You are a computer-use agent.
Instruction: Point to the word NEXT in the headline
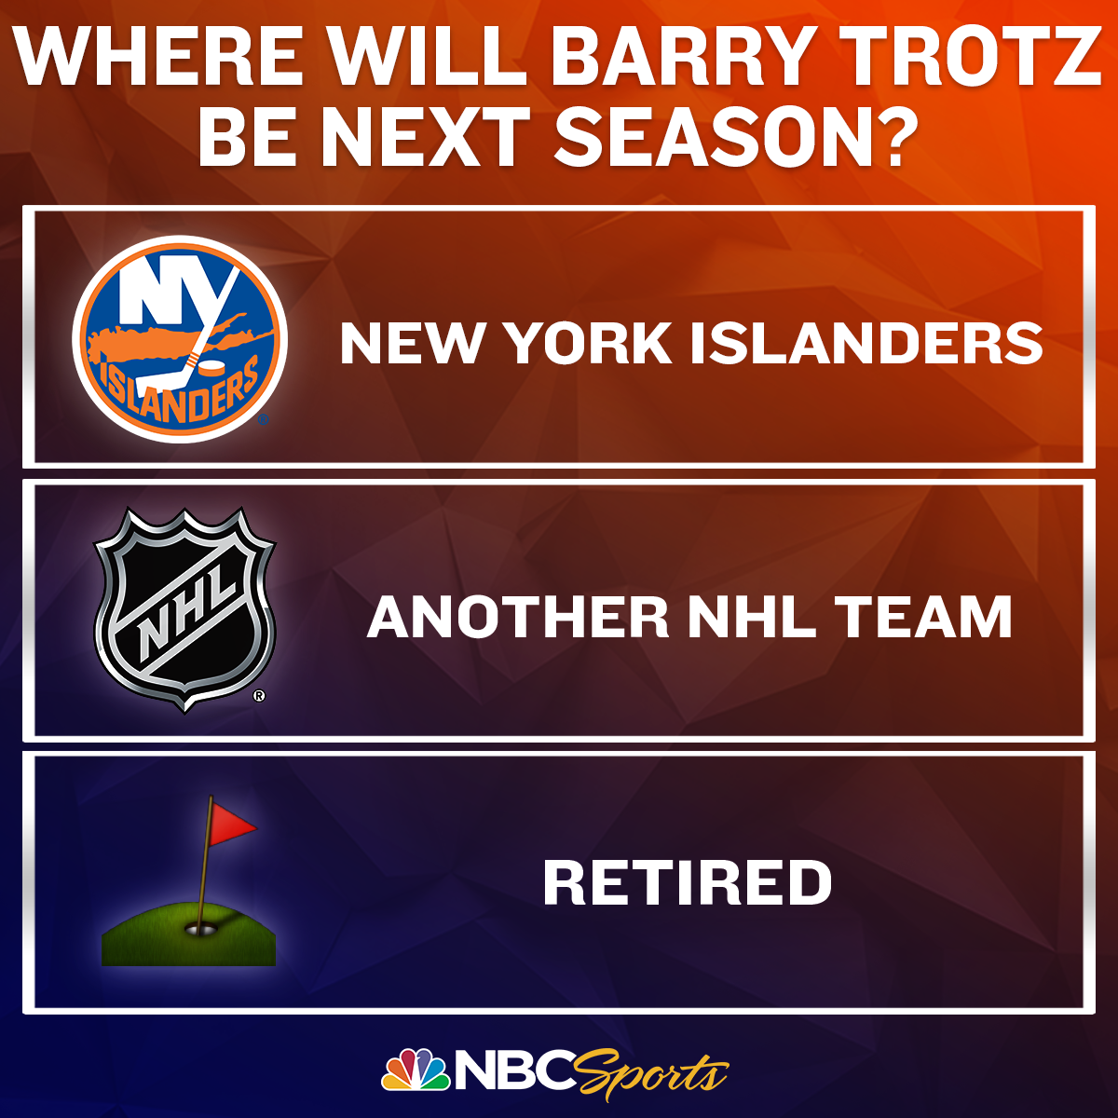(x=427, y=139)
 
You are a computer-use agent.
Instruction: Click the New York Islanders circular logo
(x=180, y=339)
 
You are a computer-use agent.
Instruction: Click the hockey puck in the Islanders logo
(x=211, y=369)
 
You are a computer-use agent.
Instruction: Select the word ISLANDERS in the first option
(x=866, y=344)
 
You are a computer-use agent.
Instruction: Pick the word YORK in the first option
(x=589, y=344)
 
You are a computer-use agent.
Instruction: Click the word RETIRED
(x=688, y=882)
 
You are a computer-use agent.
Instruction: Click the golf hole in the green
(x=200, y=930)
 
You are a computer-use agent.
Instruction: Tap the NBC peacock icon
(x=416, y=1070)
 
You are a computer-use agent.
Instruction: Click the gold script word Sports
(x=653, y=1073)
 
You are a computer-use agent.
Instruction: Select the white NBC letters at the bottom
(x=516, y=1070)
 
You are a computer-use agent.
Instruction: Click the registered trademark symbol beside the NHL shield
(x=259, y=695)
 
